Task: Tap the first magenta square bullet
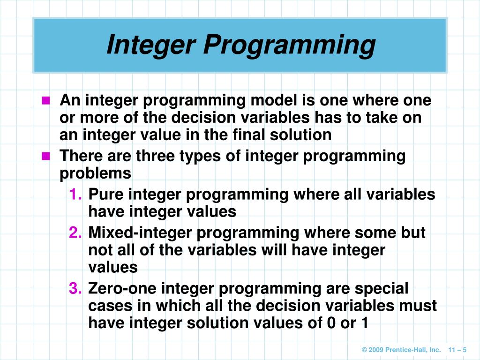45,101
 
